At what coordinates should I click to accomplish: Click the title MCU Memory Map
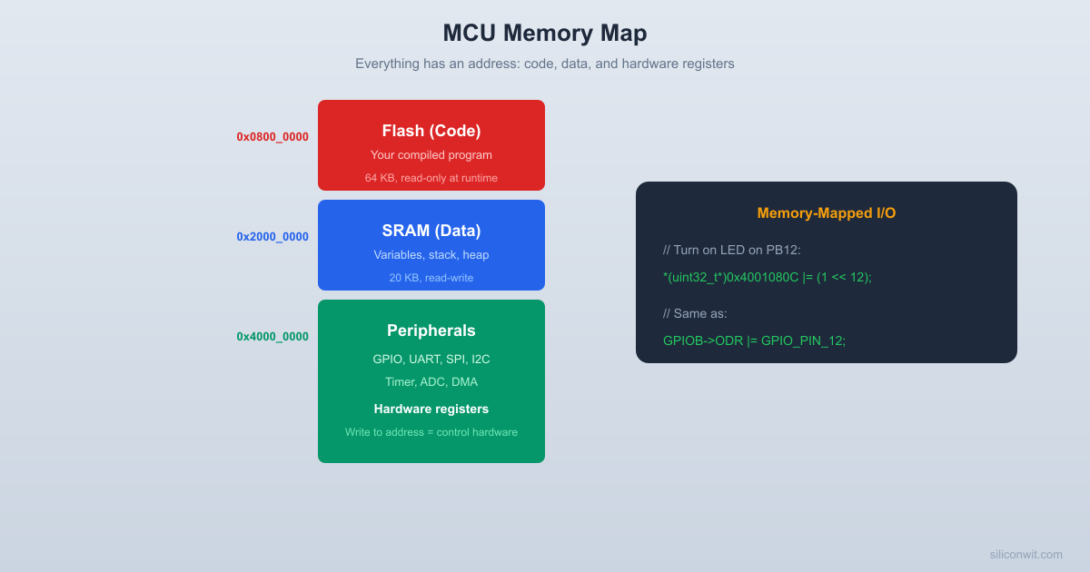tap(545, 33)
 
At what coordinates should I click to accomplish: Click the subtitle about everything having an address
tap(545, 64)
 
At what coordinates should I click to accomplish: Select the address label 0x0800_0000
tap(272, 137)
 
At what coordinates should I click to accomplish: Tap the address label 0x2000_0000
tap(272, 237)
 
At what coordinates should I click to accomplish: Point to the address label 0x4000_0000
tap(272, 337)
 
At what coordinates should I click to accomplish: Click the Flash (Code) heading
tap(431, 131)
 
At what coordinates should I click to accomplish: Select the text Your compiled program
tap(431, 155)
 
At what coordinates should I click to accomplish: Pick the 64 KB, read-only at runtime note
tap(431, 178)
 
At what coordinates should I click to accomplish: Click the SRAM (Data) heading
tap(431, 231)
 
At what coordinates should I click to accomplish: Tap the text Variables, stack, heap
tap(431, 255)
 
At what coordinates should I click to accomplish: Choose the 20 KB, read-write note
tap(431, 278)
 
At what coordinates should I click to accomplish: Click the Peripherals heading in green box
tap(431, 330)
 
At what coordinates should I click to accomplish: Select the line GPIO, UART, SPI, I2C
tap(431, 360)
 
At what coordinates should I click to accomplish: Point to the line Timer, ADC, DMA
tap(431, 382)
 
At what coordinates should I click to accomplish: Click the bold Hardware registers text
tap(431, 409)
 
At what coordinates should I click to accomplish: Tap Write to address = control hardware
tap(431, 432)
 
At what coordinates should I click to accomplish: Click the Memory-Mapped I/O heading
tap(827, 213)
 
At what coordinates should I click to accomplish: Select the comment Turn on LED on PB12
tap(732, 250)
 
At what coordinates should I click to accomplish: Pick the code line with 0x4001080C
tap(768, 277)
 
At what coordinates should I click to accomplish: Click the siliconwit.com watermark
tap(1026, 554)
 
